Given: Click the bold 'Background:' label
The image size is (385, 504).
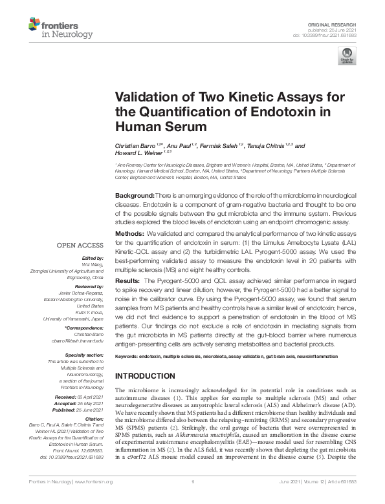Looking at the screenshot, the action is pyautogui.click(x=135, y=196).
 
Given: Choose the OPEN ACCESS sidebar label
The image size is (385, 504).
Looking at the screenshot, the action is pyautogui.click(x=80, y=246).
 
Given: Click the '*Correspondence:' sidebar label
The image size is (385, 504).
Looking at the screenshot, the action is pyautogui.click(x=84, y=329).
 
